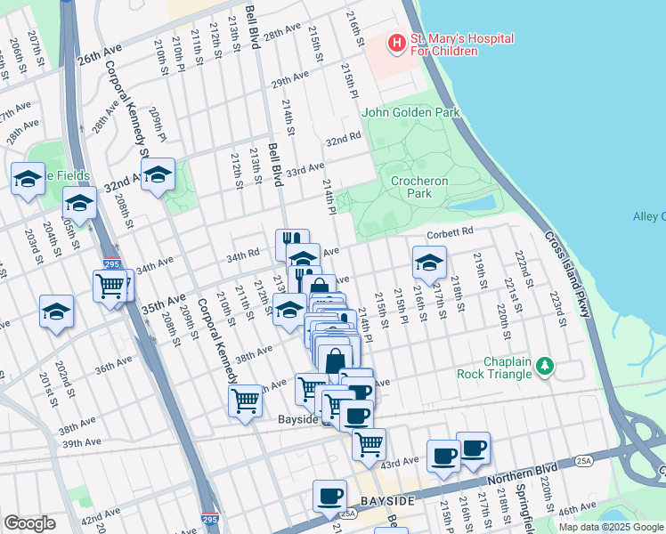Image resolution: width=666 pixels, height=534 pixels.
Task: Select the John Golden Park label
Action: [x=410, y=113]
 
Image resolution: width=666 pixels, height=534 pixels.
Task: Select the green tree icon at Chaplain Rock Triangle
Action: [x=543, y=367]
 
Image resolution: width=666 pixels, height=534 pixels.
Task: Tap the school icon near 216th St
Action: [x=429, y=263]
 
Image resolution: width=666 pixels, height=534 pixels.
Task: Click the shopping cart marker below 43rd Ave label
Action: [x=368, y=443]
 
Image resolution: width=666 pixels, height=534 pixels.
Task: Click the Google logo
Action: [x=30, y=523]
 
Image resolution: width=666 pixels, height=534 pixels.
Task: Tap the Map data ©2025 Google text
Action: [x=610, y=527]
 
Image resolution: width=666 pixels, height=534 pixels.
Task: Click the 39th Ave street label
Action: [x=81, y=442]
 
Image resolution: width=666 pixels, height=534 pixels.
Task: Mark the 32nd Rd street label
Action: [x=343, y=140]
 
